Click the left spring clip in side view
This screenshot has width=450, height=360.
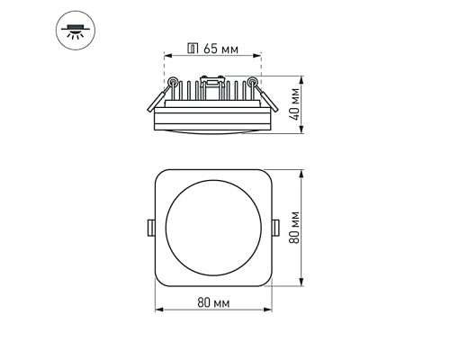(x=158, y=94)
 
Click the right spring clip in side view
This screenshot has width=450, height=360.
(x=259, y=94)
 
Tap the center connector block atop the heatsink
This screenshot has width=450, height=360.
(x=213, y=86)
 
